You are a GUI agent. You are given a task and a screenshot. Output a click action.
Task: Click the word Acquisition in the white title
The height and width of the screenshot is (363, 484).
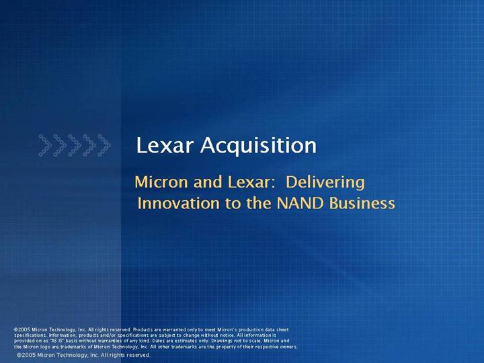click(x=258, y=146)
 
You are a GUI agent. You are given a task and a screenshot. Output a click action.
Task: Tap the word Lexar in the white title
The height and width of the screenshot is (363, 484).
click(x=165, y=145)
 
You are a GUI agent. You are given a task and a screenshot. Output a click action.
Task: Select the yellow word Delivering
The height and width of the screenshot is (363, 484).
click(x=325, y=183)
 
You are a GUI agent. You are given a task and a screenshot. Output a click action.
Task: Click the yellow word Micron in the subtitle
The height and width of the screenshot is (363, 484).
click(x=161, y=182)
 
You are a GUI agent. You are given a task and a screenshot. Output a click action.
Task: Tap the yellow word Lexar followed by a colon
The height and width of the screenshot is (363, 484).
click(x=251, y=182)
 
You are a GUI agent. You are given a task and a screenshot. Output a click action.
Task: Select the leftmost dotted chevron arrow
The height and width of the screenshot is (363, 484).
click(x=46, y=145)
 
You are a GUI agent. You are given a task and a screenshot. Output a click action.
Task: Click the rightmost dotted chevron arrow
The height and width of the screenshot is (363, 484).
click(x=104, y=145)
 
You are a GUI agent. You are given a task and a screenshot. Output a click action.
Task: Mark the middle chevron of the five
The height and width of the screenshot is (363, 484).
click(x=75, y=145)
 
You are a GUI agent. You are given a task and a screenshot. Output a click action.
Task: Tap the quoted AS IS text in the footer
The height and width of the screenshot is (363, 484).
click(x=56, y=341)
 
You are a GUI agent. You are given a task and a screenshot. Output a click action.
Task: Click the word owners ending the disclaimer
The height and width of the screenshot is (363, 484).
click(x=289, y=347)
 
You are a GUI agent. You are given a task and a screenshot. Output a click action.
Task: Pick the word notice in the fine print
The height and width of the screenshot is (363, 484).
click(x=227, y=335)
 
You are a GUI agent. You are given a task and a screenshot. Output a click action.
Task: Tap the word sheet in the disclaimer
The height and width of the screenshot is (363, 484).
click(x=282, y=329)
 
